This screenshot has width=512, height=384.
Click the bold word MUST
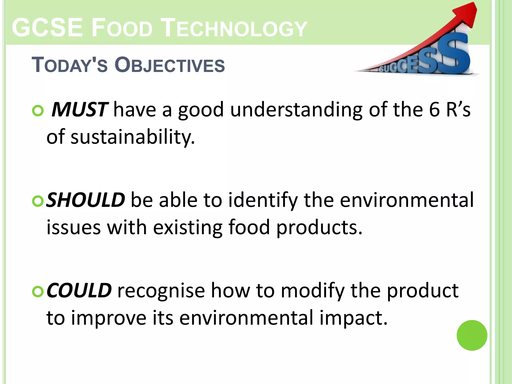pyautogui.click(x=79, y=109)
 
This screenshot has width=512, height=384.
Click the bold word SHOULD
pyautogui.click(x=85, y=200)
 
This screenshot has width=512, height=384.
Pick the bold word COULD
pyautogui.click(x=79, y=290)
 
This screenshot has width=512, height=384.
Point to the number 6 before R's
pyautogui.click(x=434, y=109)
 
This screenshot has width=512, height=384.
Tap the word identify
pyautogui.click(x=263, y=200)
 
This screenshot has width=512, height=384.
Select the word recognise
pyautogui.click(x=161, y=291)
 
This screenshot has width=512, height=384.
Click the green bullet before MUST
pyautogui.click(x=38, y=110)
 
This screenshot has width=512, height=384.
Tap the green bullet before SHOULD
pyautogui.click(x=38, y=201)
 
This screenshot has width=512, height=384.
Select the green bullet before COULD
pyautogui.click(x=38, y=291)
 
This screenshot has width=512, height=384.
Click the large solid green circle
pyautogui.click(x=472, y=335)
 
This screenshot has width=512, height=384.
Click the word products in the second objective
pyautogui.click(x=319, y=228)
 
